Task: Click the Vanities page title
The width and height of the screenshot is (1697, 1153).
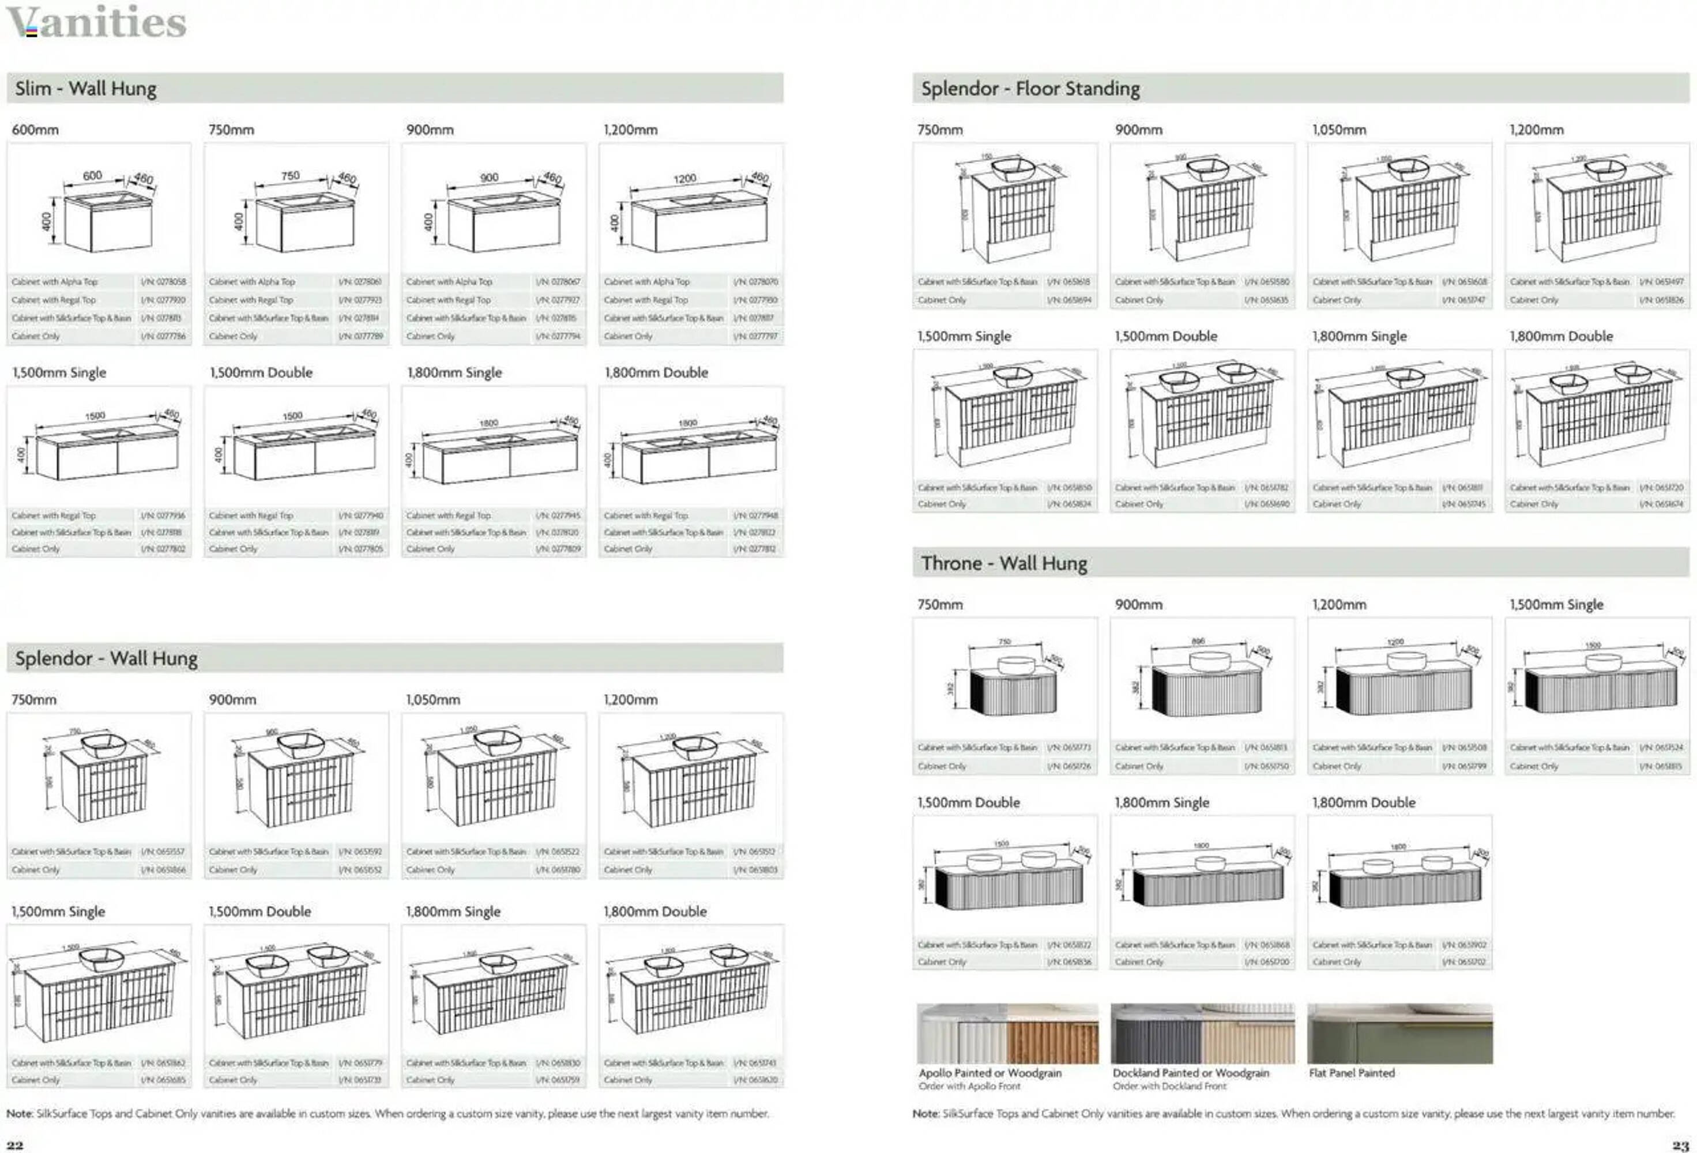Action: click(96, 22)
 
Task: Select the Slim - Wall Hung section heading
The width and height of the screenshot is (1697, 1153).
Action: click(85, 88)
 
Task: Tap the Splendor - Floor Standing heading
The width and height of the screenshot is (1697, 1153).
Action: click(1030, 88)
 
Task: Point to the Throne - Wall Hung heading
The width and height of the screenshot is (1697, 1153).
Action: click(1003, 563)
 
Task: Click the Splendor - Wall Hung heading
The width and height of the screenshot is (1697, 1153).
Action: click(106, 658)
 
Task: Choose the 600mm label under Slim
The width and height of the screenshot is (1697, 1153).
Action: click(35, 129)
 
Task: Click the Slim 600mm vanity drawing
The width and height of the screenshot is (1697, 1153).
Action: click(100, 211)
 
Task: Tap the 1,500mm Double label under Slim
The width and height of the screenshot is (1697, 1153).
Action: click(261, 372)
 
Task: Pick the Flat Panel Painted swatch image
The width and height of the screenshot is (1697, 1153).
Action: click(1400, 1033)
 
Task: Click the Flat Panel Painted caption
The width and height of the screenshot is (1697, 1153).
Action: click(1352, 1073)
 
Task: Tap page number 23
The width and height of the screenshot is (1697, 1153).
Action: click(1680, 1144)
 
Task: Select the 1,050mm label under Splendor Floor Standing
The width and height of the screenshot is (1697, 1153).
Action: click(1338, 129)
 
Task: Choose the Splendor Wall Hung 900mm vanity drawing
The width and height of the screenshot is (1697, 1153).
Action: click(296, 778)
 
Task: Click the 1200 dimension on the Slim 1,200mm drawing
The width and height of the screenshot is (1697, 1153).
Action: click(684, 178)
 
